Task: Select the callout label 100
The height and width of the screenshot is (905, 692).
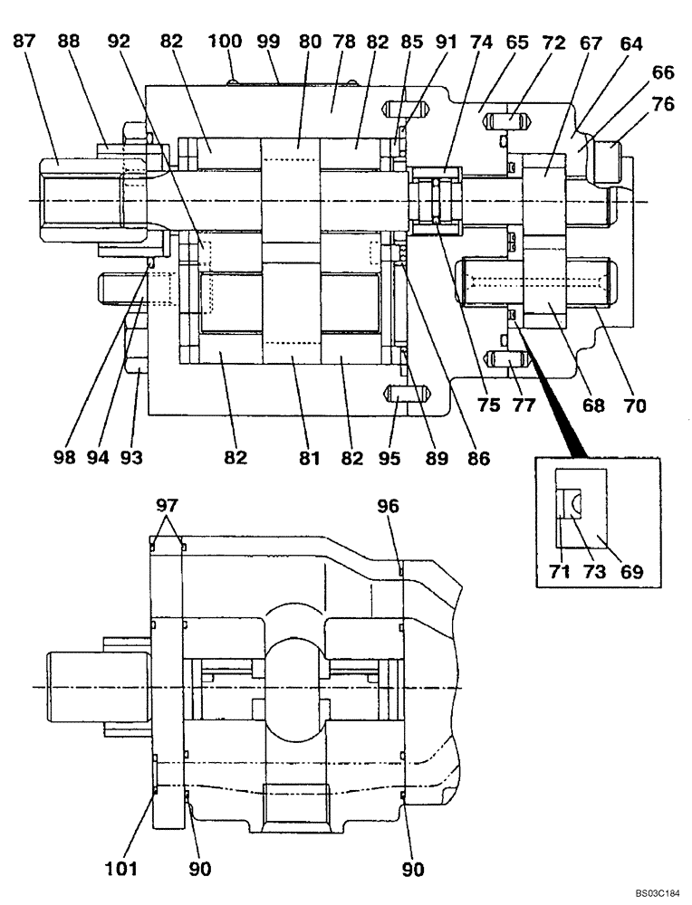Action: tap(225, 42)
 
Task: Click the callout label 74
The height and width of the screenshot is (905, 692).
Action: tap(481, 42)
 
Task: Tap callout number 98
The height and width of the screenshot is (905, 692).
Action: tap(63, 458)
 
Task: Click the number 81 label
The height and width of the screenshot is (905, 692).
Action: tap(311, 458)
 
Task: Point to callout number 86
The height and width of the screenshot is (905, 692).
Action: tap(478, 458)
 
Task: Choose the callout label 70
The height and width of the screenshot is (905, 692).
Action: tap(634, 406)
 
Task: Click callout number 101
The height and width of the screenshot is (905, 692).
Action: tap(120, 869)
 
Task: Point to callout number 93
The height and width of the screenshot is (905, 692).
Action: tap(132, 458)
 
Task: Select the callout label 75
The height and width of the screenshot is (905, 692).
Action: tap(488, 406)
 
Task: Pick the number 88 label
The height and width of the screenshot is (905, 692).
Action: tap(68, 42)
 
